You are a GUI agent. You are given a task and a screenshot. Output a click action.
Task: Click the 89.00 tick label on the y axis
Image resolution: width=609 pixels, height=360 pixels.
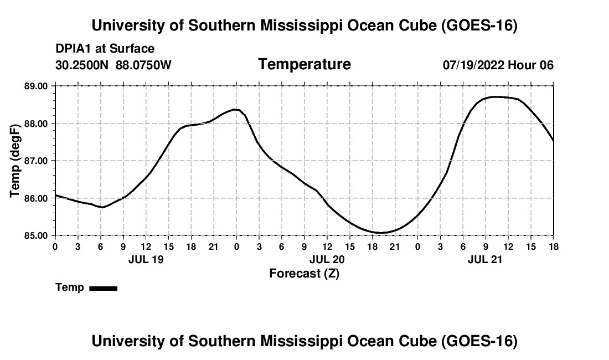click(37, 86)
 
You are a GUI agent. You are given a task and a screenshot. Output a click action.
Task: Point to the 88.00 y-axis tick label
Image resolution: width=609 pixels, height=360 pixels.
click(37, 124)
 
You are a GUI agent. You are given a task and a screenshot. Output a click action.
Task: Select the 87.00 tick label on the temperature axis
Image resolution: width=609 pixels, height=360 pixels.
click(37, 161)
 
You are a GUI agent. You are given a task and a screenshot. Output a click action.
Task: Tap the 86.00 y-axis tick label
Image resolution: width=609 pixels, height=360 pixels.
click(37, 198)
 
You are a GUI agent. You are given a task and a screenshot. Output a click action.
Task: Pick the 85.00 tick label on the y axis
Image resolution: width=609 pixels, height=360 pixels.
click(37, 235)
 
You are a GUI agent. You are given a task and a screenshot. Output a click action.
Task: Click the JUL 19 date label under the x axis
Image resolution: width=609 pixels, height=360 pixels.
click(146, 259)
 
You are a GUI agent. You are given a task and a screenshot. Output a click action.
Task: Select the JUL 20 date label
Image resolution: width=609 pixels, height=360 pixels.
click(327, 259)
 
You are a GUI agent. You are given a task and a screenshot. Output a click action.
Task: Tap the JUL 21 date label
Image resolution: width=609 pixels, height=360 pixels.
click(485, 259)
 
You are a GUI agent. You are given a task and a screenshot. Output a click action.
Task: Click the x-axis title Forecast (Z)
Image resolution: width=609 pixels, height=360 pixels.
click(304, 274)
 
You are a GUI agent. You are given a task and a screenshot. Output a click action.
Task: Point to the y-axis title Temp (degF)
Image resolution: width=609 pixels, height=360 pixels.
click(14, 161)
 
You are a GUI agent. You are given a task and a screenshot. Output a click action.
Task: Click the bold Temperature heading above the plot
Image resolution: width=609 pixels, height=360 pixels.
click(304, 64)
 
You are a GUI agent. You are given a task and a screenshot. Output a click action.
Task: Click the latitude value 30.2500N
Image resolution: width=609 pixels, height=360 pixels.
click(82, 65)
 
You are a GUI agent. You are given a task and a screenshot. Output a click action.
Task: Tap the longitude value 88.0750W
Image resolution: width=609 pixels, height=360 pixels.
click(143, 65)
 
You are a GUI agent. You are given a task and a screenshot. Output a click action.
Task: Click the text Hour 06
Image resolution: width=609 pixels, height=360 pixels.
click(530, 65)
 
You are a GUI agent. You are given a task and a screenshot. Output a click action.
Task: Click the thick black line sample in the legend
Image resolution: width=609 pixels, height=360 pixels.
click(104, 288)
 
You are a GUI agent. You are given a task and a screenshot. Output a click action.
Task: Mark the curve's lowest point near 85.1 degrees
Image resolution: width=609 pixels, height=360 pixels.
click(382, 233)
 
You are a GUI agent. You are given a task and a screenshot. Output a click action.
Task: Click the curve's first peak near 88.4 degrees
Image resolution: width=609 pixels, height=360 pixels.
click(235, 110)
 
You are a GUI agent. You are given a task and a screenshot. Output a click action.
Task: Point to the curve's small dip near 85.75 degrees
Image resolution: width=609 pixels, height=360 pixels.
click(102, 207)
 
